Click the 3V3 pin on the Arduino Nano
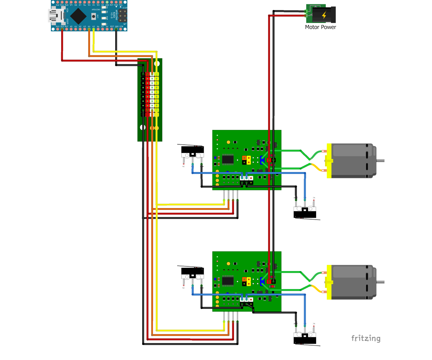coord(62,29)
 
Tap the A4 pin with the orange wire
coord(89,29)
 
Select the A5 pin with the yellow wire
coord(94,29)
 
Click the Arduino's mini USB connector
coord(54,15)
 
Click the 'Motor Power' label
coord(320,27)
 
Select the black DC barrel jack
coord(324,15)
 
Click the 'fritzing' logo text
coord(366,338)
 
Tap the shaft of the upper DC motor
coord(380,161)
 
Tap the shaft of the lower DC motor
coord(380,282)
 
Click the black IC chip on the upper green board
coord(228,159)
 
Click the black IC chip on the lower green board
coord(228,280)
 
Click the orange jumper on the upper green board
coord(244,158)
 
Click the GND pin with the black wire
coord(116,29)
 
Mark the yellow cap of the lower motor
coord(329,282)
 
